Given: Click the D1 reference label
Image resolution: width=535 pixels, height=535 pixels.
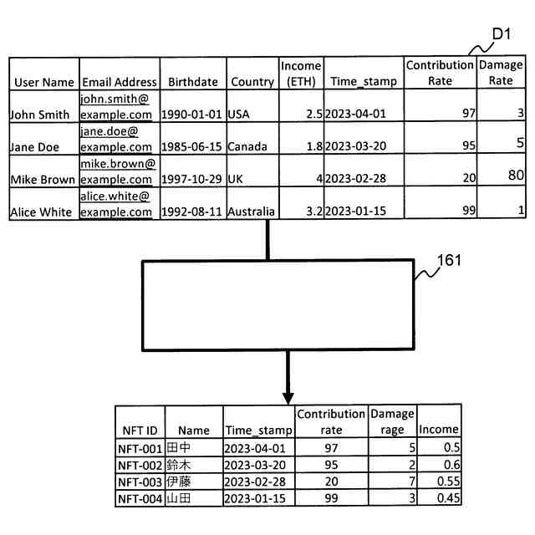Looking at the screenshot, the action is [502, 34].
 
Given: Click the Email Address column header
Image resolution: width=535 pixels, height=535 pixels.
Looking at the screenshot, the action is [119, 82].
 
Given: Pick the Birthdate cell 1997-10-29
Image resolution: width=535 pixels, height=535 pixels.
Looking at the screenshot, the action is [192, 179].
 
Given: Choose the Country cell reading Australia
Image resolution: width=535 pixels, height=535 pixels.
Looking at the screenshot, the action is [251, 211].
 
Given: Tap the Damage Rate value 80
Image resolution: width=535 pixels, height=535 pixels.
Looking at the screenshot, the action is [513, 175].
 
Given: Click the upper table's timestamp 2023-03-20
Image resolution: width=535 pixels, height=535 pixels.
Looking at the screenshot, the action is [355, 146].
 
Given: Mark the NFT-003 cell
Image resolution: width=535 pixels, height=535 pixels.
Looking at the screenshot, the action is [139, 481].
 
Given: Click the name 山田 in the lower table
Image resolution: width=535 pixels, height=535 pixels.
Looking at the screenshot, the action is [178, 498].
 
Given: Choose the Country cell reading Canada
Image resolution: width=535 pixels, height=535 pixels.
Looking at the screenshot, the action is [247, 146].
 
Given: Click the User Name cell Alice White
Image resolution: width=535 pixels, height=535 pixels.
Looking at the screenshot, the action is [41, 211].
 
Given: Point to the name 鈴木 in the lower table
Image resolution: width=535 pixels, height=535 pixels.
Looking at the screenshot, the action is [178, 465].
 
